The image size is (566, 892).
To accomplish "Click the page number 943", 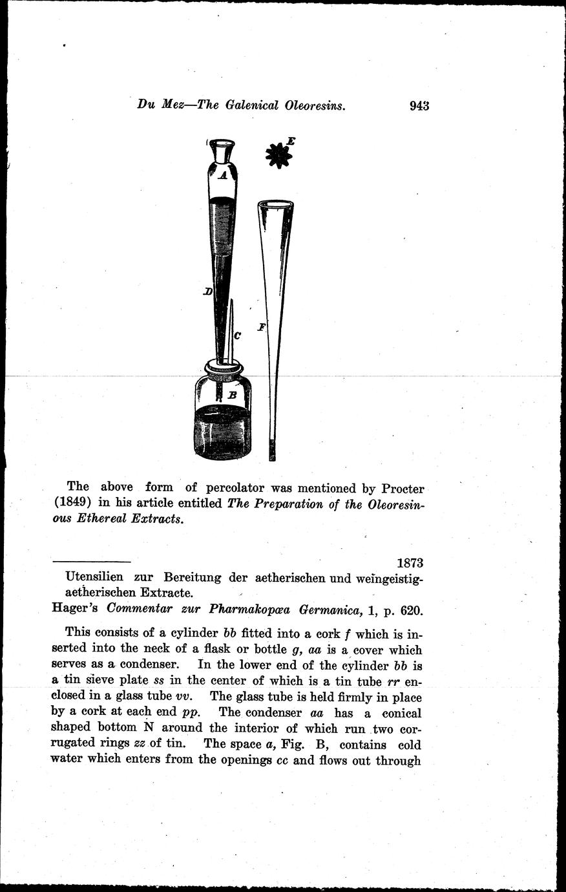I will pos(419,105).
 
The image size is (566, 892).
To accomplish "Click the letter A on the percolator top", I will pos(222,175).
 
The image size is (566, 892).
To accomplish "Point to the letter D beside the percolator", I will pos(207,292).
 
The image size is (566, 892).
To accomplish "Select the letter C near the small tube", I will pos(237,335).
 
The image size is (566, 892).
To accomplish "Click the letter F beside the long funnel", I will pos(262,327).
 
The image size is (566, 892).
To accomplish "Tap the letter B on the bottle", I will pos(232,394).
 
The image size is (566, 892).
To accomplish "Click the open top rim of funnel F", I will pos(275,205).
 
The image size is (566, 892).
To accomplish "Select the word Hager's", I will pos(77,608).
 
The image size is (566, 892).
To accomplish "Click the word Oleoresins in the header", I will pos(315,105).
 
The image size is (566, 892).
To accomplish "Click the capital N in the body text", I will pos(147,728).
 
